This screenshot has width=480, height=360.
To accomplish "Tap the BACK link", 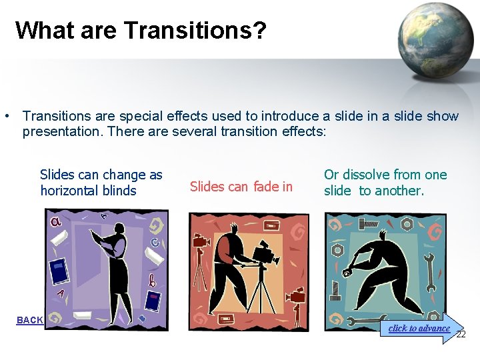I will [29, 320].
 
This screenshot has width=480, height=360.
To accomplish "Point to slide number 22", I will [461, 334].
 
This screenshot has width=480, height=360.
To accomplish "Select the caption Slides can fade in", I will [241, 187].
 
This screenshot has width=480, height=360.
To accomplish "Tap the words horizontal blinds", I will [88, 191].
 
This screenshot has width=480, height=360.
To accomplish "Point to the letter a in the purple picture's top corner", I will [56, 222].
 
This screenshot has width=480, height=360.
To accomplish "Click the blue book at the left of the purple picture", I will [59, 271].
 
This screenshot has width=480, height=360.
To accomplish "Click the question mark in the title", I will [259, 30].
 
